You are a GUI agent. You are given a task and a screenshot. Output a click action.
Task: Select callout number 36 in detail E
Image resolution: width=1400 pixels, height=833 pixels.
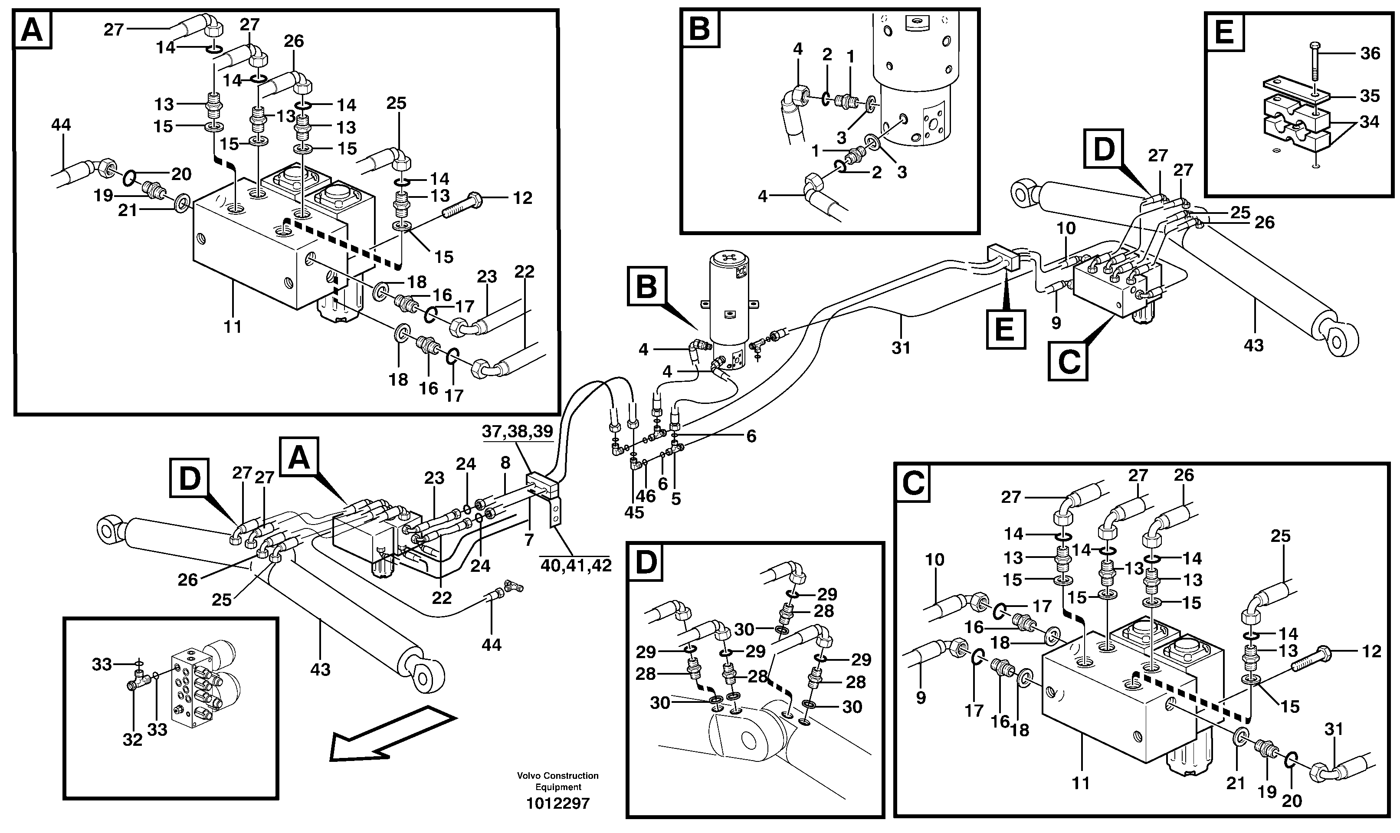(x=1370, y=53)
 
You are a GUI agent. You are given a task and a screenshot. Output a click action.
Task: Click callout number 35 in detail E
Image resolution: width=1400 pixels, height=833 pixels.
(x=1370, y=96)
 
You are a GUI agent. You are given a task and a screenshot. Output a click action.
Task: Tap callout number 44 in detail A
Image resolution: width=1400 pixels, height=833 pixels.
(x=61, y=125)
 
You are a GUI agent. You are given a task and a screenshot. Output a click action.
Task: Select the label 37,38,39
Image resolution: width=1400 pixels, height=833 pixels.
(x=518, y=432)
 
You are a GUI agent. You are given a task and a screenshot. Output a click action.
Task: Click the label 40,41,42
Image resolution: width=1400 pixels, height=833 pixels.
(x=575, y=565)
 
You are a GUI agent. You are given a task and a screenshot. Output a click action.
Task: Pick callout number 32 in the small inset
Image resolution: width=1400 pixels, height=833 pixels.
(x=132, y=740)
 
